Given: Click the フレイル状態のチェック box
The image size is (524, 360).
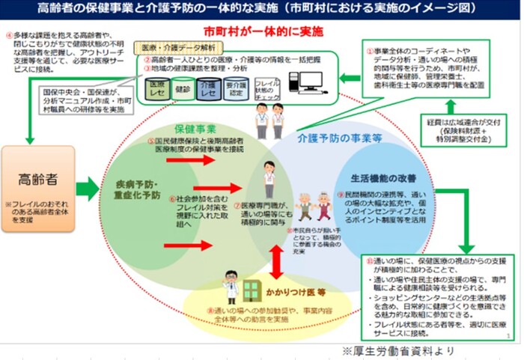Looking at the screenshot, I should point(268,89).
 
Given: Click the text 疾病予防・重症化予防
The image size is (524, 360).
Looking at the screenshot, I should point(138,187).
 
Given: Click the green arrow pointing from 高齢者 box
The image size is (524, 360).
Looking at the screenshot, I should point(88,189).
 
